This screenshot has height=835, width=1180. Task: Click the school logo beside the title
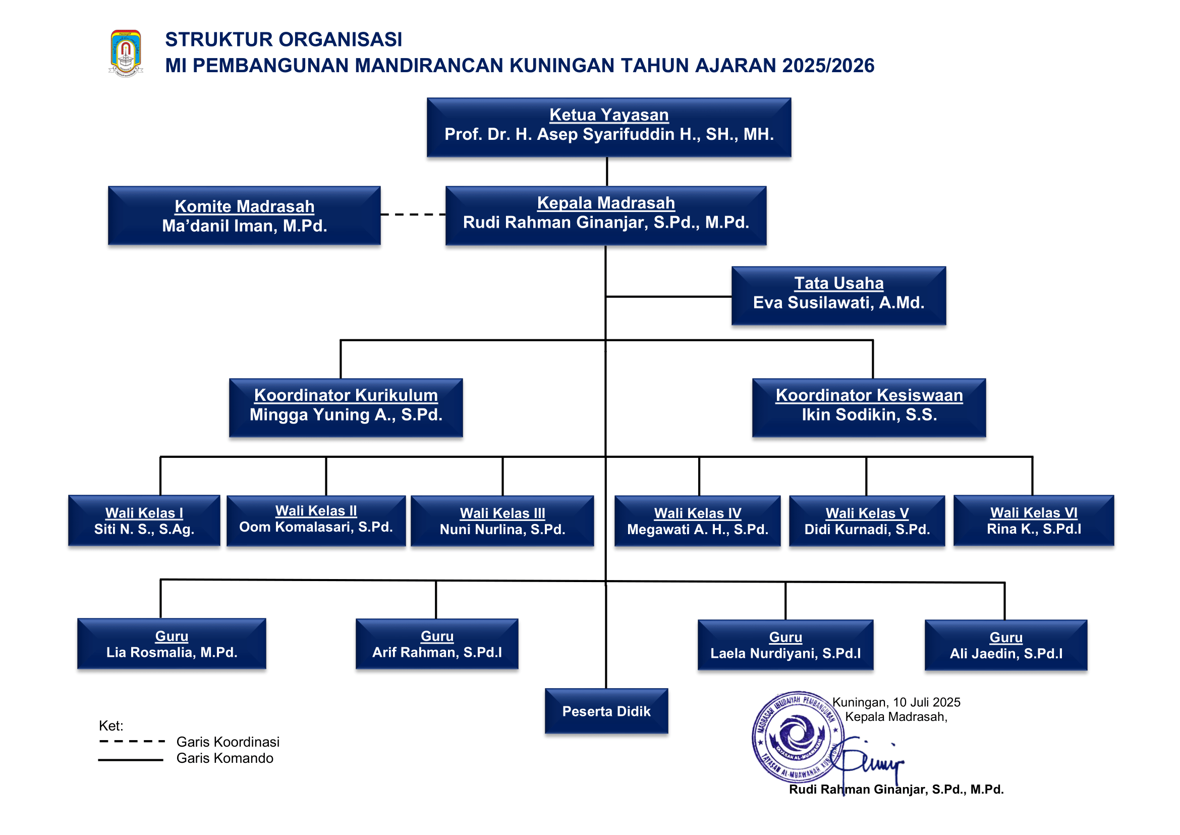pos(126,53)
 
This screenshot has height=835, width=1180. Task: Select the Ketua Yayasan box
pos(608,128)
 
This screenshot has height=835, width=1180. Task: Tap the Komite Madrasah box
pos(244,216)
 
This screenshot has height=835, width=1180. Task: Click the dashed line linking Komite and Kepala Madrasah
pos(413,215)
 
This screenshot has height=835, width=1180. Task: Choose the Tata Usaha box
pos(838,296)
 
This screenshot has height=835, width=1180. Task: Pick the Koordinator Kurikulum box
pos(346,408)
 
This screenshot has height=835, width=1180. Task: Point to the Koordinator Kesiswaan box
pos(869,408)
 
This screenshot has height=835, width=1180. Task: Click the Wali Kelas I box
pos(144,520)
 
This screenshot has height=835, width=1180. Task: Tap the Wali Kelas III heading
pos(502,513)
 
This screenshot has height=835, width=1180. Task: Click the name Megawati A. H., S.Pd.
pos(697,530)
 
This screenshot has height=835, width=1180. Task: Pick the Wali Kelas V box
pos(867,520)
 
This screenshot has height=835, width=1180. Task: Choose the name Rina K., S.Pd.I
pos(1034,529)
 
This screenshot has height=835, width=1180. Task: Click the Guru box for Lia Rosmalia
pos(172,644)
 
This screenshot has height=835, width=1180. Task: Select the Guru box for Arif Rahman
pos(437,644)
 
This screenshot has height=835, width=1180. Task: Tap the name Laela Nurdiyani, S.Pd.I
pos(785,653)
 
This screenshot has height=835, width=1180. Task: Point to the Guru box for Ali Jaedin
pos(1006,645)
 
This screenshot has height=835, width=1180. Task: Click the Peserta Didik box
pos(606,711)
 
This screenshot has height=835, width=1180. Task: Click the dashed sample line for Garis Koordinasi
pos(132,742)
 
